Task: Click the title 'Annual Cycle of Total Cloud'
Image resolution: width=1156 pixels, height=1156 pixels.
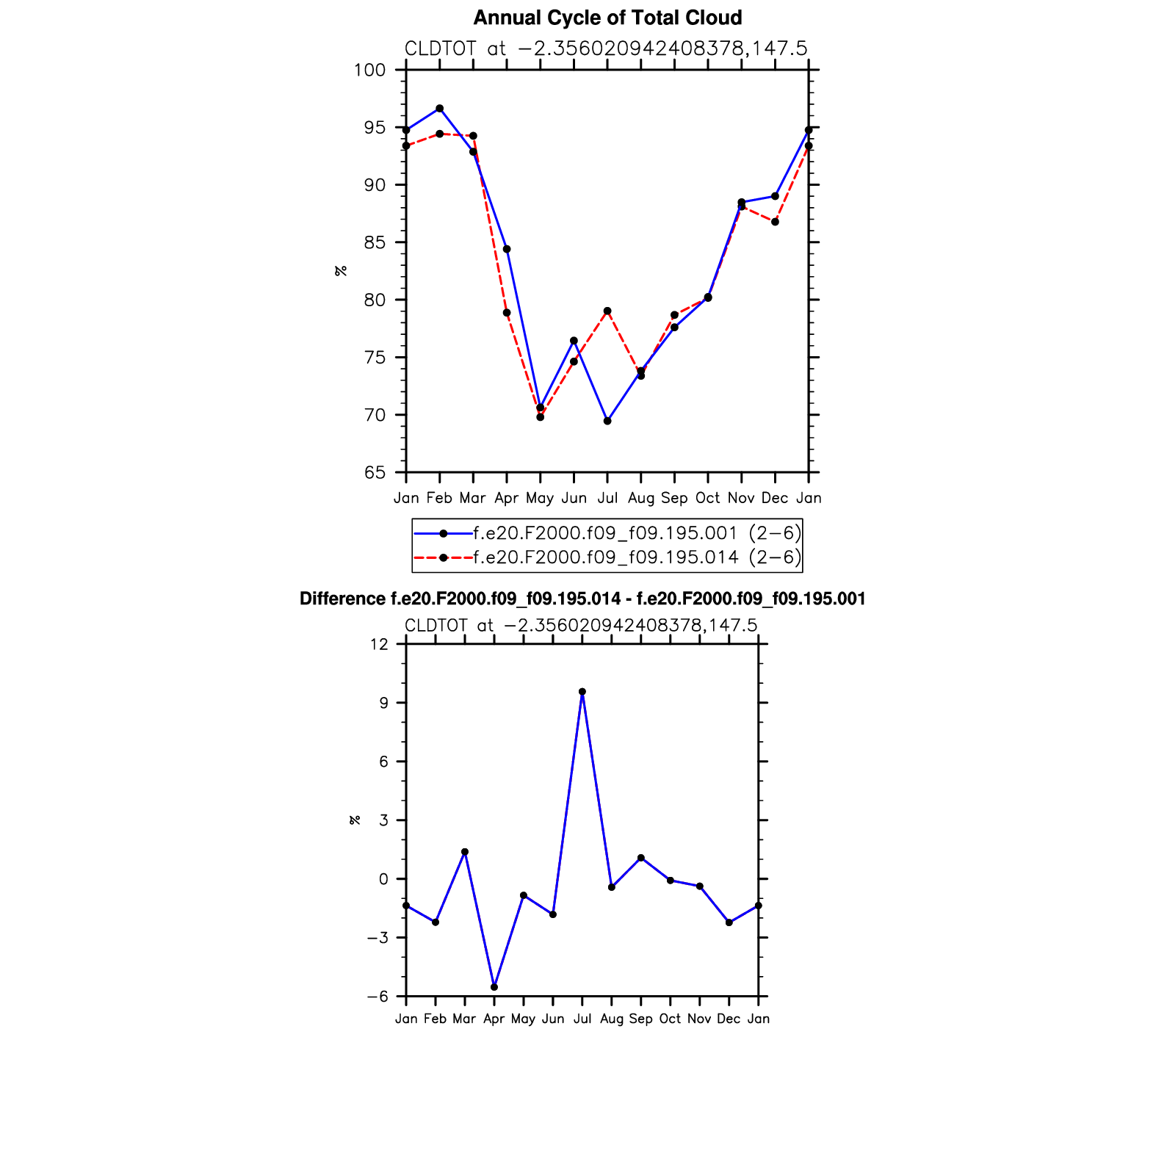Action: (x=607, y=18)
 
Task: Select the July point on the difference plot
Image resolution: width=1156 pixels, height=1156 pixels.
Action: (x=582, y=692)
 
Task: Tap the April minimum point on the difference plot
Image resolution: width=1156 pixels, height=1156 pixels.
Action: (x=494, y=987)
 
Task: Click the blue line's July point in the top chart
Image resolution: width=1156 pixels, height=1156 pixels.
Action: (x=607, y=421)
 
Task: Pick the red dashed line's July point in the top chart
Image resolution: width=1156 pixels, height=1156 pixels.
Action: (x=607, y=311)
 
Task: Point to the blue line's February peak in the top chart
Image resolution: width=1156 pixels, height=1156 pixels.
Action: (x=439, y=109)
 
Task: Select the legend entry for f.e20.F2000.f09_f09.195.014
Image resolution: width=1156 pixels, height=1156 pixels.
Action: (x=606, y=557)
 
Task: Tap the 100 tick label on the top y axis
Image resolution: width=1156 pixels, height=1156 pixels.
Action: (x=370, y=71)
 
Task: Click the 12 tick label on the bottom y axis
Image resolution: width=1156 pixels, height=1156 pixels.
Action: (x=379, y=644)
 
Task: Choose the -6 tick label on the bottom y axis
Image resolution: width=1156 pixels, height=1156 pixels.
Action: (x=377, y=997)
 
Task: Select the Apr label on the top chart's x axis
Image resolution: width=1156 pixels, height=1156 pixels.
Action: (x=507, y=498)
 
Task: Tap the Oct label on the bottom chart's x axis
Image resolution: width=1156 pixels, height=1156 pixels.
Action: (x=670, y=1019)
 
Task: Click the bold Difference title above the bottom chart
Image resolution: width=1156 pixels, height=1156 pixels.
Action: (x=582, y=599)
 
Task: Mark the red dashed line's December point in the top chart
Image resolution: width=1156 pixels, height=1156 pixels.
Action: (x=775, y=222)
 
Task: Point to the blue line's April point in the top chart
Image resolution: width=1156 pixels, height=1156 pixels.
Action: (x=507, y=250)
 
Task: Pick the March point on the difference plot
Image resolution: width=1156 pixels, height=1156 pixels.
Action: (x=465, y=852)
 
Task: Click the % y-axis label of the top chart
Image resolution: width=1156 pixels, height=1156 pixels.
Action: (x=341, y=271)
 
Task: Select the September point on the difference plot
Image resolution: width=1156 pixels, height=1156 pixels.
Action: (x=641, y=858)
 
